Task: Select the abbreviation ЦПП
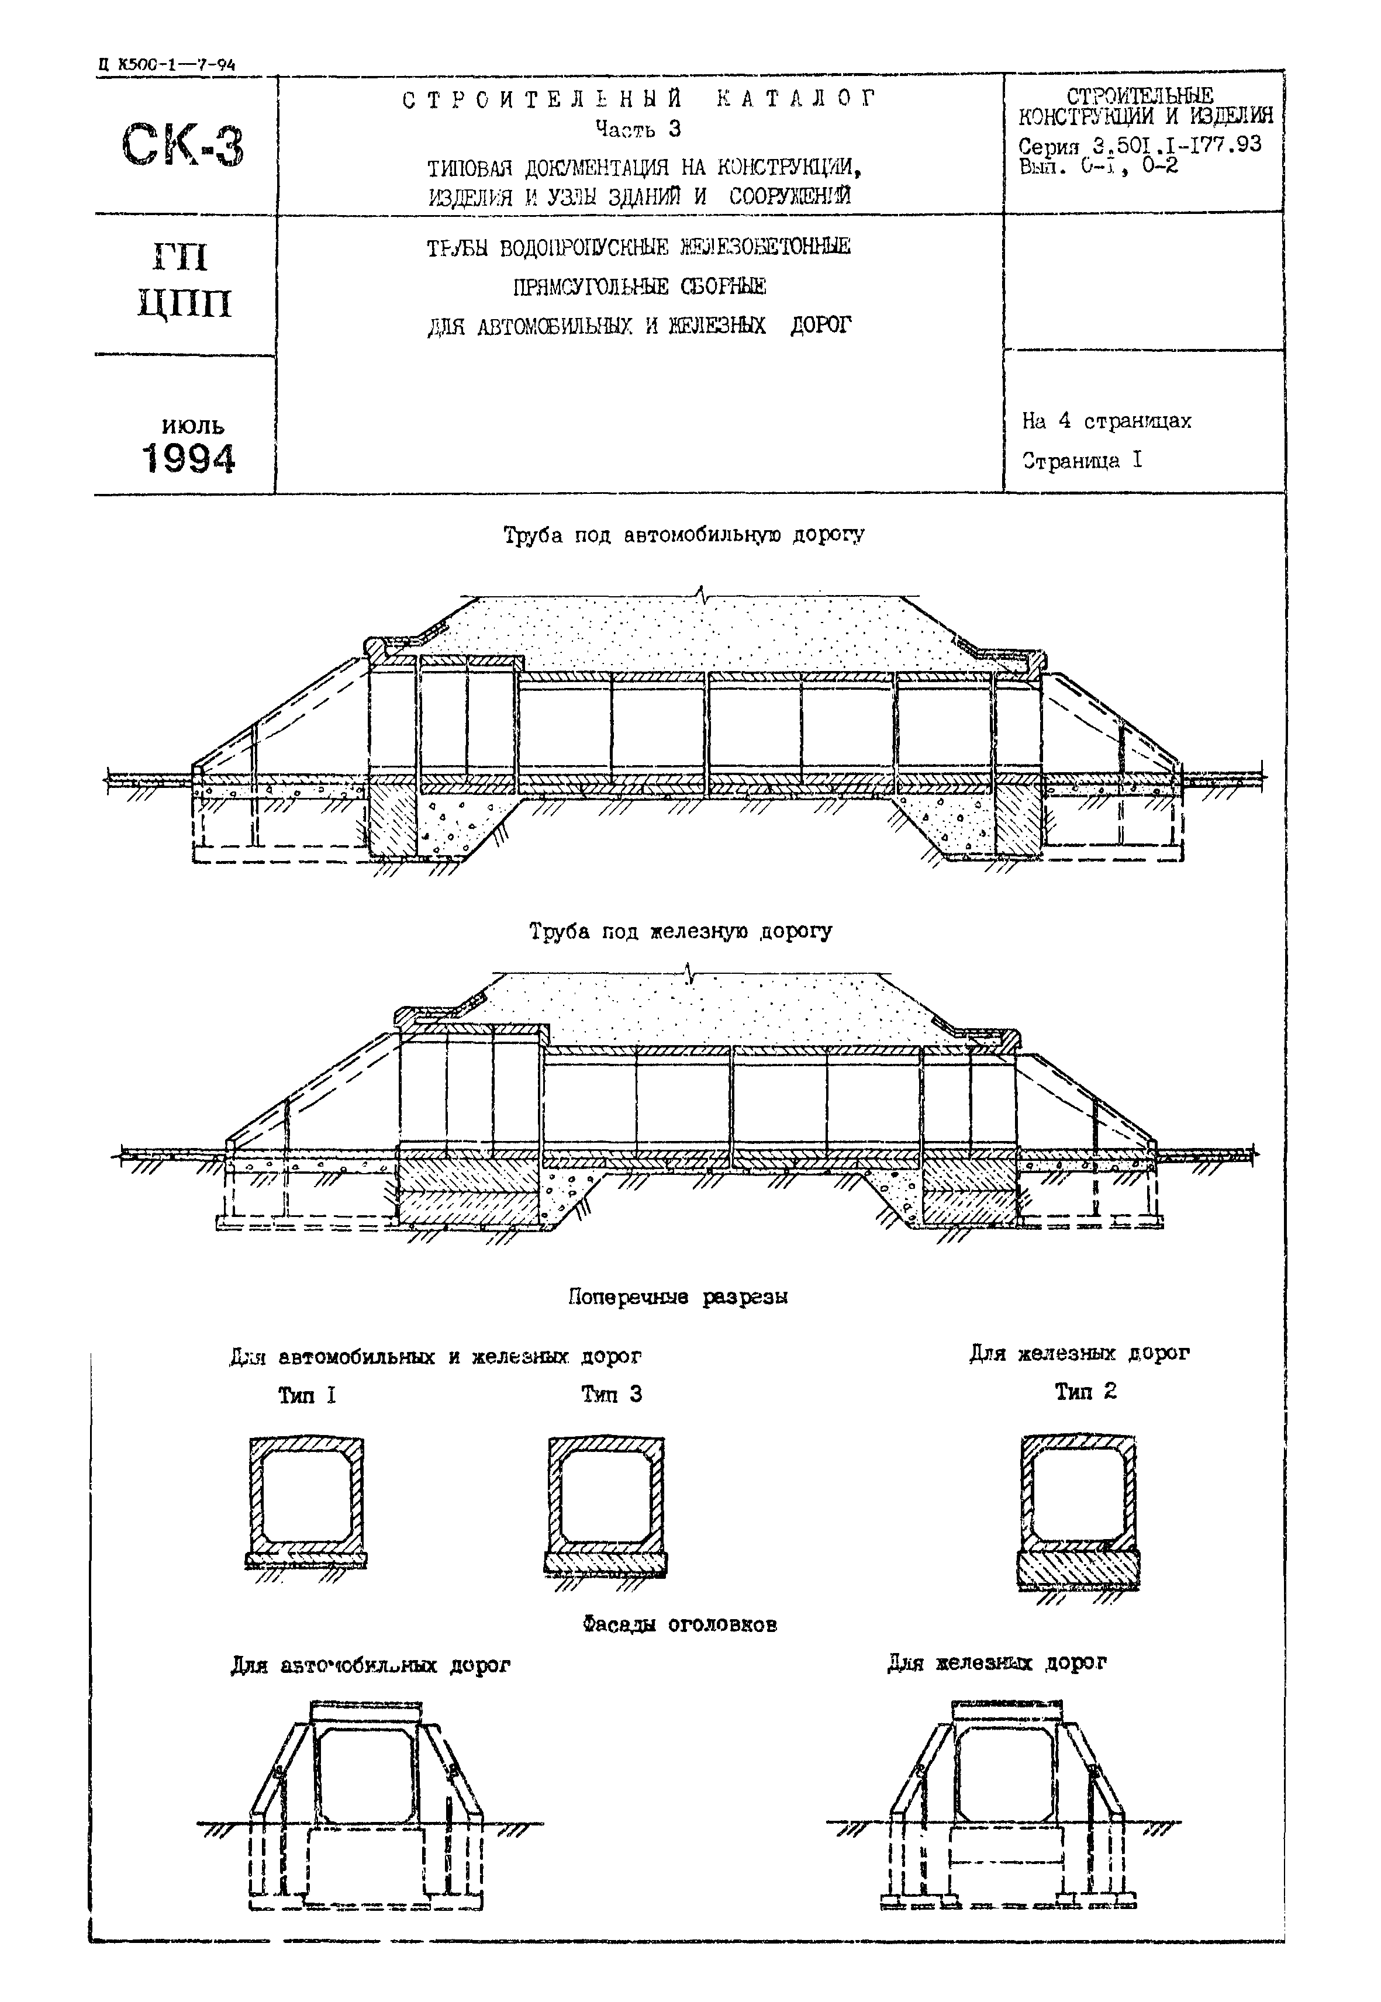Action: [184, 304]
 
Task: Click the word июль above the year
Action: [192, 425]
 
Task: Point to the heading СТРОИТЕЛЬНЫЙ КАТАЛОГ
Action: [640, 99]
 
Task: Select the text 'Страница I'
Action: [1082, 460]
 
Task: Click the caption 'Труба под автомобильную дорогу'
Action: [683, 535]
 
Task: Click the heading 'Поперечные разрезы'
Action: [678, 1297]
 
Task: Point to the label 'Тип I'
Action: [306, 1395]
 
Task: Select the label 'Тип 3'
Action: [611, 1394]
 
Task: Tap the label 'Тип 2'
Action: [1085, 1391]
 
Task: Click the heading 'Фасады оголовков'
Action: [679, 1625]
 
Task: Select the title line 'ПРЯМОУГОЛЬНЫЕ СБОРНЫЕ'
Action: [638, 285]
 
